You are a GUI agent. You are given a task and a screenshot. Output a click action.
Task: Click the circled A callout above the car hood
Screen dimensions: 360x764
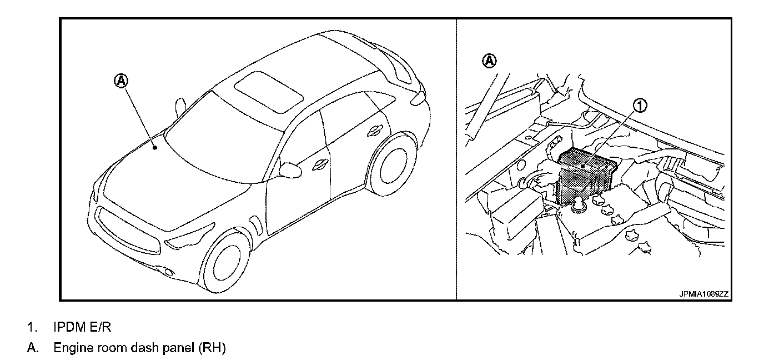121,81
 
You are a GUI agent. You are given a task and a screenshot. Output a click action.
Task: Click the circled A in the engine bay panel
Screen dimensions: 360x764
489,60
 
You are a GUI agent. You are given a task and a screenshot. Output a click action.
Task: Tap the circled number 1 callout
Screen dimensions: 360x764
640,105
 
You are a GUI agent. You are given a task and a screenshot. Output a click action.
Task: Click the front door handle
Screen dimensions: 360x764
320,164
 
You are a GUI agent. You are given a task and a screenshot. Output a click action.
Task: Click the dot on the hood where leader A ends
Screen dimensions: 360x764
155,147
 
